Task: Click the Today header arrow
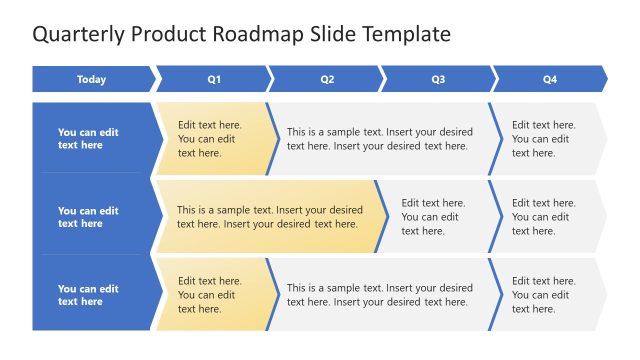pyautogui.click(x=92, y=79)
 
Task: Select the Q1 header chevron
pyautogui.click(x=213, y=79)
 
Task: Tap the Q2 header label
pyautogui.click(x=326, y=79)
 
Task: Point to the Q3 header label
pyautogui.click(x=438, y=79)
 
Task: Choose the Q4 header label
pyautogui.click(x=549, y=79)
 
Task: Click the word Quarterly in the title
pyautogui.click(x=78, y=34)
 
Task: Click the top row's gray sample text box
pyautogui.click(x=380, y=138)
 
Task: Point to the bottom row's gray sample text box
pyautogui.click(x=380, y=294)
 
